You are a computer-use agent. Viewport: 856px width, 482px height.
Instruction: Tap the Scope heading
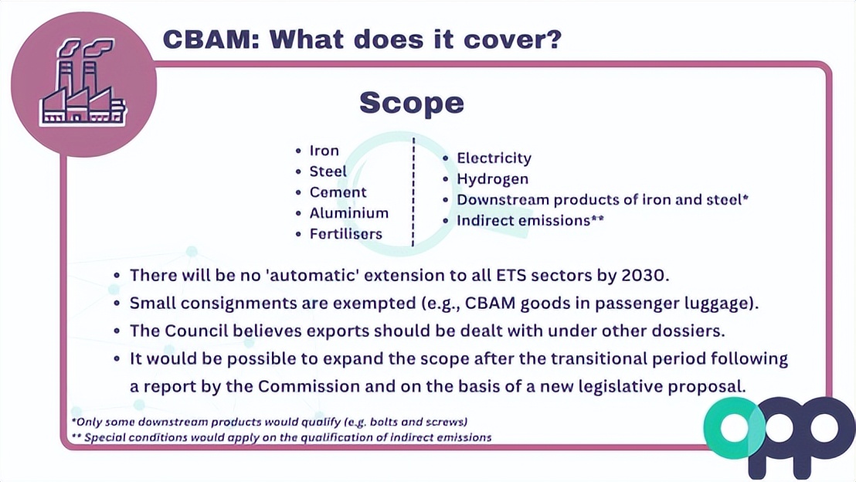click(x=412, y=103)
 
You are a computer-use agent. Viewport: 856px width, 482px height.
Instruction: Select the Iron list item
click(x=324, y=151)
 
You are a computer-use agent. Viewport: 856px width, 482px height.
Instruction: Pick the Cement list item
click(x=338, y=192)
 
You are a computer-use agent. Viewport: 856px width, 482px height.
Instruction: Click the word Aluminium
click(x=348, y=213)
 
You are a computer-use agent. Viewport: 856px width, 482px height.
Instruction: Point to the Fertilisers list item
click(x=345, y=234)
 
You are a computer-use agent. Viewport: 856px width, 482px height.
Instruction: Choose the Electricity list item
click(x=494, y=158)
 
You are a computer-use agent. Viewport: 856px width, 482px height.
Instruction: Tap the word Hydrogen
click(x=492, y=179)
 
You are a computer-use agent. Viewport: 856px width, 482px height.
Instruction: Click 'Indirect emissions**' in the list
click(x=530, y=221)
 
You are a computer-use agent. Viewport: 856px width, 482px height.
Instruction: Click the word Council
click(x=199, y=331)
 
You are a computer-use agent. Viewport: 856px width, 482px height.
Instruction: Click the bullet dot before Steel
click(x=299, y=172)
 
